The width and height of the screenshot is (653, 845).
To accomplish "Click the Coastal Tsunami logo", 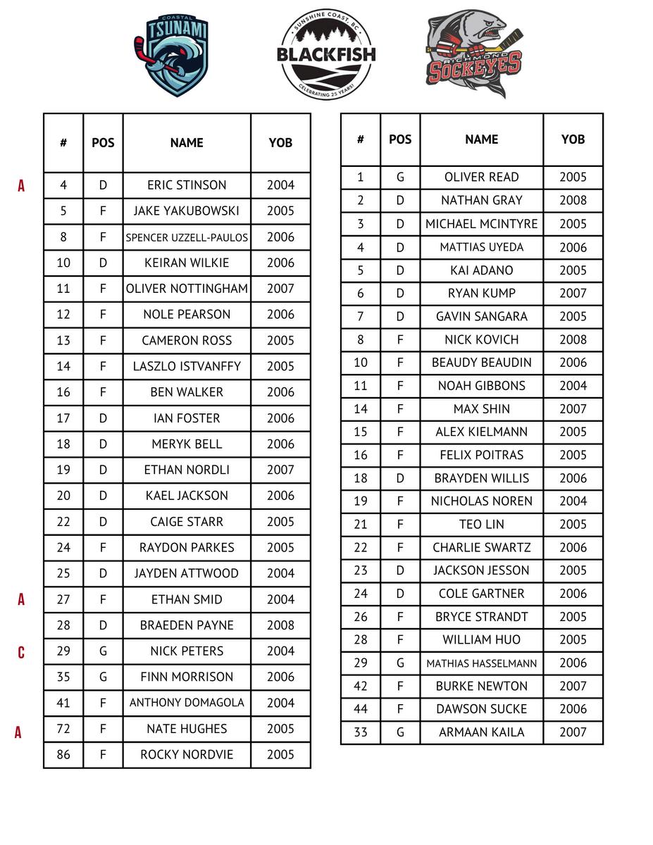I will pos(172,56).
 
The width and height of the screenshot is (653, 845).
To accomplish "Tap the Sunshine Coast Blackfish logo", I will pos(326,55).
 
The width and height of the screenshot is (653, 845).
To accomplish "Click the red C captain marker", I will pos(21,652).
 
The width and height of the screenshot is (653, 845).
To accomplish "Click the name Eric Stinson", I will pos(187,185).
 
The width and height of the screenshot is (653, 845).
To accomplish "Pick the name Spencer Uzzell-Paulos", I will pos(187,237).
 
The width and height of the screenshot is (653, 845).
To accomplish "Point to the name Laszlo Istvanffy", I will pos(187,366).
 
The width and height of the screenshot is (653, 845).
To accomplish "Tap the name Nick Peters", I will pos(187,651).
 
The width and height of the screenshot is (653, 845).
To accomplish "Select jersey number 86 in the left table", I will pos(63,754).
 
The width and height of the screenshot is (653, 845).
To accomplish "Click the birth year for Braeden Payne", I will pos(280,625).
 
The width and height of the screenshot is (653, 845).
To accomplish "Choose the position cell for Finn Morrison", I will pos(103,677).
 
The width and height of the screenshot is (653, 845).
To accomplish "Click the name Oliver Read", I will pos(482,177).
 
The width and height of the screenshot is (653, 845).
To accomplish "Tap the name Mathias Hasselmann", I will pos(482,663).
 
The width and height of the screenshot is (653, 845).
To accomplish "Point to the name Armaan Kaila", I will pos(482,732).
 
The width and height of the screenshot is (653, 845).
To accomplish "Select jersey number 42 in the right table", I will pos(361,686).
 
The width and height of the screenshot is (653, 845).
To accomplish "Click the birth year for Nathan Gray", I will pos(573,200).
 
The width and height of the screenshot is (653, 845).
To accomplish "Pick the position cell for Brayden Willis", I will pos(400,478).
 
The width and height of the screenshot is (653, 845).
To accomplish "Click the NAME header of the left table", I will pos(187,143).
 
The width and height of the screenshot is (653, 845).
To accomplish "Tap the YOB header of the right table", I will pos(573,139).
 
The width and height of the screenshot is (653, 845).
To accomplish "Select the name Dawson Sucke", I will pos(482,709).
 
